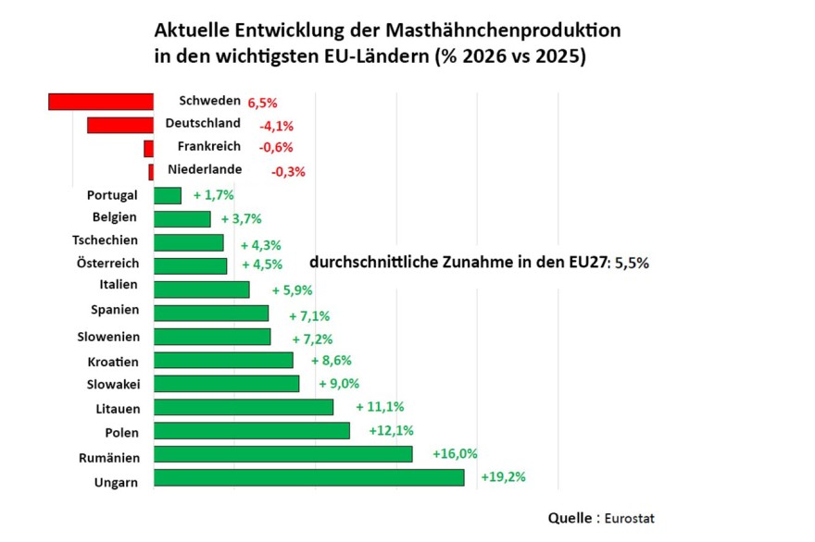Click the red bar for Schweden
coord(101,102)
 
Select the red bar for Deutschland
coord(120,125)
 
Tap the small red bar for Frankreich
coord(149,149)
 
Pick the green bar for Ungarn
coord(309,477)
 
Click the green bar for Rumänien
coord(283,454)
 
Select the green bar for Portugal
coord(168,196)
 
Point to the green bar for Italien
coord(202,289)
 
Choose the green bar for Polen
coord(252,430)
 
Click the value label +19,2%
coord(503,476)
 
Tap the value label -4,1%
coord(277,126)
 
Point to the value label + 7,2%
coord(312,339)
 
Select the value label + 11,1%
coord(380,407)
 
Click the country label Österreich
coord(107,263)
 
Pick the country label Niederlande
coord(205,169)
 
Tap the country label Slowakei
coord(113,384)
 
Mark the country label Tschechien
coord(105,240)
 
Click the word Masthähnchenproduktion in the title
coord(503,31)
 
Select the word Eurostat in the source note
coord(630,518)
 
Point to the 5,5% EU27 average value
coord(632,263)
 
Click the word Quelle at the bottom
coord(570,518)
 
